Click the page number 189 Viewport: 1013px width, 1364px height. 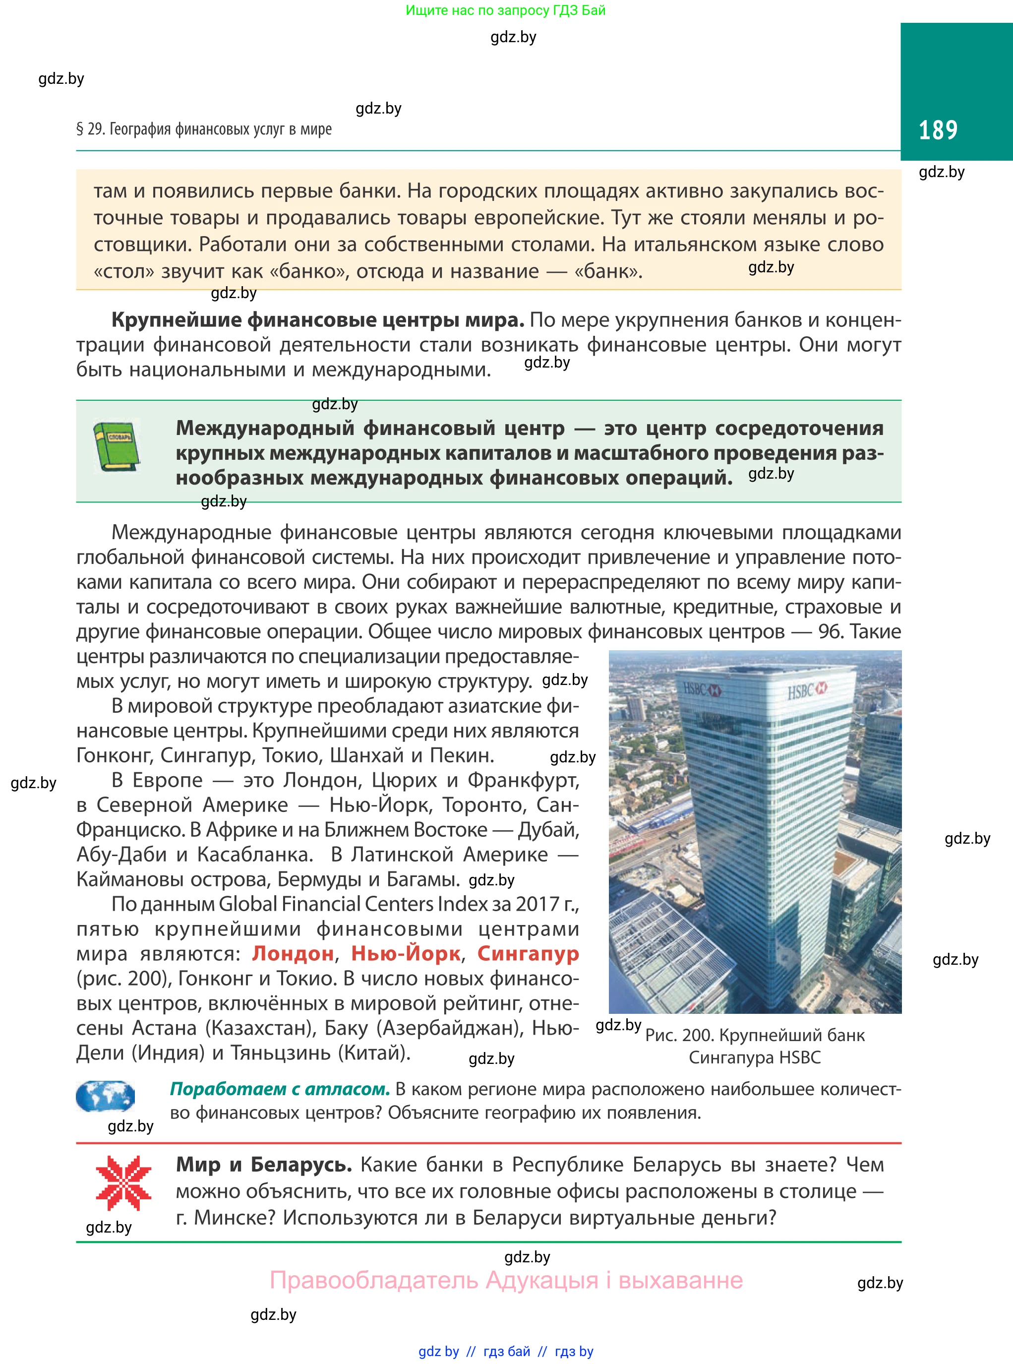(x=938, y=130)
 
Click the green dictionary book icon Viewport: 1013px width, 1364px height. (x=117, y=446)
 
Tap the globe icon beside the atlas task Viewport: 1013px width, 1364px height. (x=105, y=1097)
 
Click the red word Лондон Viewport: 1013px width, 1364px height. (x=293, y=954)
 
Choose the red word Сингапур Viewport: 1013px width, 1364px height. (x=528, y=954)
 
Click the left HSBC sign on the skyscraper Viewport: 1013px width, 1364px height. (x=702, y=689)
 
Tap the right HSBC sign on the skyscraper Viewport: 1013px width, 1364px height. (x=807, y=691)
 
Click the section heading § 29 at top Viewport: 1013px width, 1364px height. (x=204, y=129)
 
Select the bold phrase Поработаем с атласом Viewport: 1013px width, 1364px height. (x=280, y=1089)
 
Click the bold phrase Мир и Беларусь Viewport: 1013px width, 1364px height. (x=264, y=1165)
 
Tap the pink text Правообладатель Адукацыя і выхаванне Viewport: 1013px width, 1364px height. (x=506, y=1281)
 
